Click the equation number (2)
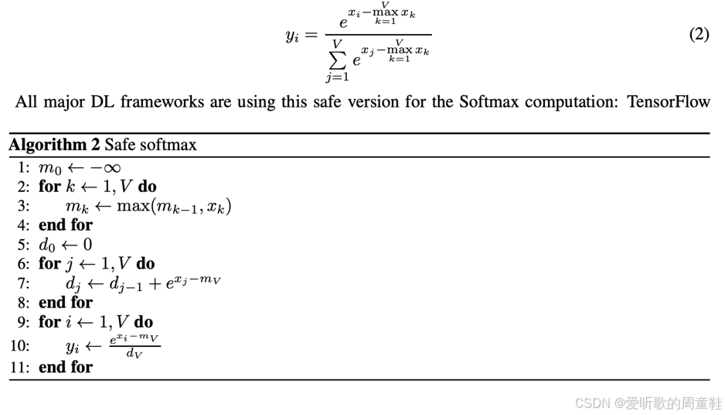[699, 35]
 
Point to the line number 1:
[23, 167]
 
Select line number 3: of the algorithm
[23, 206]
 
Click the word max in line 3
[133, 206]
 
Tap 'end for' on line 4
[66, 225]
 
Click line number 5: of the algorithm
[23, 245]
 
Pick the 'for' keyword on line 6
[49, 264]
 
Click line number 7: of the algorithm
[23, 283]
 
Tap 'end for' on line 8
[66, 303]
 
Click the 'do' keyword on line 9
[143, 322]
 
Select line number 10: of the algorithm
[20, 345]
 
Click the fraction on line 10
[134, 346]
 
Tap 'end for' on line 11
[66, 367]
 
